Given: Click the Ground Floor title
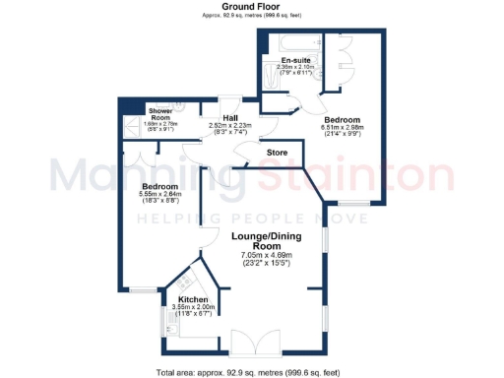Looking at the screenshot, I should click(252, 6).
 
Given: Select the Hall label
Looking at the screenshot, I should click(230, 118).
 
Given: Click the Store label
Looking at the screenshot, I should click(278, 153).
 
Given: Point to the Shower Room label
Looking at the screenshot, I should click(158, 113).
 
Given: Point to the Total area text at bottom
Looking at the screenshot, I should click(252, 371).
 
